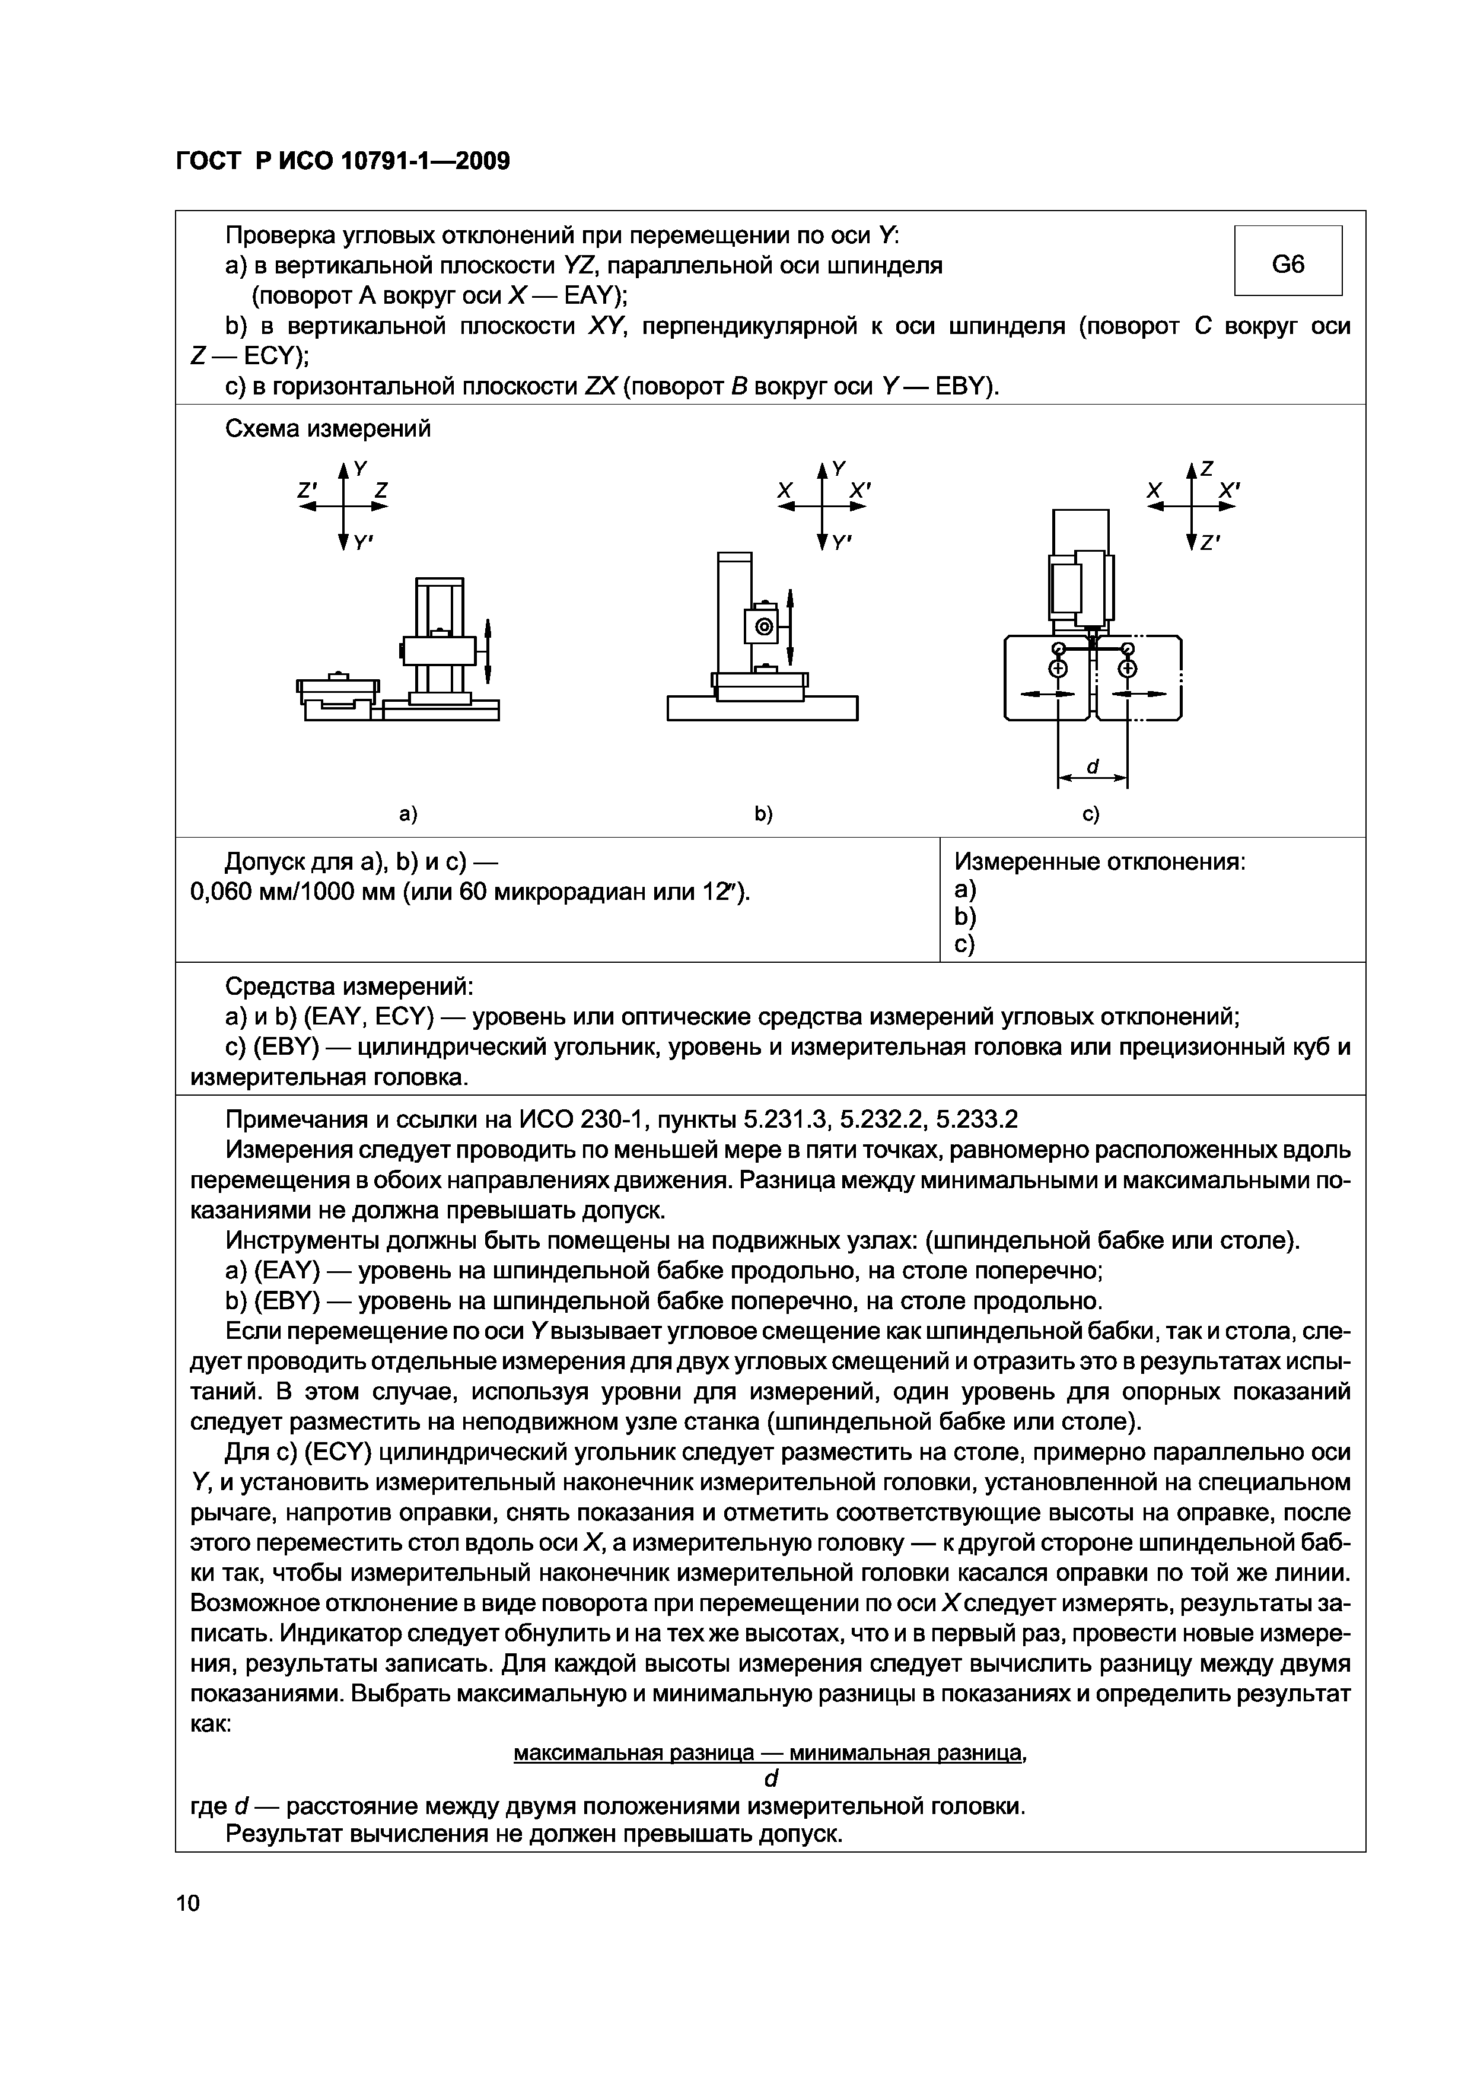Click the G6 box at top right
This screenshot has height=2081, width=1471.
(x=1288, y=264)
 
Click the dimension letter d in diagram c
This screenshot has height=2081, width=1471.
(x=1092, y=767)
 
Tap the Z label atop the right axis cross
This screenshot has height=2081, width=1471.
(x=1207, y=469)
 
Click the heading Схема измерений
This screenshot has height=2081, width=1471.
(x=327, y=429)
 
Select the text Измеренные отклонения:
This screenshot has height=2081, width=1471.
(x=1100, y=862)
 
